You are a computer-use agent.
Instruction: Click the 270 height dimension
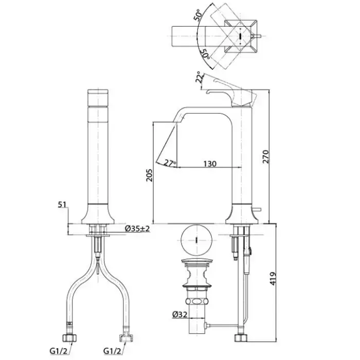point(266,156)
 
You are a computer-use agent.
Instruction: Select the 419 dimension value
point(273,279)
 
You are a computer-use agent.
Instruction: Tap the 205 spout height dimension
point(149,175)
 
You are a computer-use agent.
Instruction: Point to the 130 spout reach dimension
point(210,164)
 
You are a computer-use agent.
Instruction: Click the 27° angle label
point(170,163)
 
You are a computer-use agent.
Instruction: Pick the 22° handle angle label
point(200,77)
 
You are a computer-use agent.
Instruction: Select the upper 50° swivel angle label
point(199,15)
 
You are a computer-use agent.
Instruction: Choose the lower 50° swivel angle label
point(205,54)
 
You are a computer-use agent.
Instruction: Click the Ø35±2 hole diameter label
point(137,228)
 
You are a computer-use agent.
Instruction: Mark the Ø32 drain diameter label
point(180,314)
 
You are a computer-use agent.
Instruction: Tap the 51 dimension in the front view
point(62,204)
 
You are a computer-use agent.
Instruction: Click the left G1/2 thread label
point(58,351)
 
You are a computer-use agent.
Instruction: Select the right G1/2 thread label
point(112,351)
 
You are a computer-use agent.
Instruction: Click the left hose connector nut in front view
point(69,338)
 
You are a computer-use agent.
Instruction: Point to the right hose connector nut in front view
point(126,338)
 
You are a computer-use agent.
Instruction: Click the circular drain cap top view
point(196,240)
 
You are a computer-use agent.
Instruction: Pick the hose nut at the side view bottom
point(241,338)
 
